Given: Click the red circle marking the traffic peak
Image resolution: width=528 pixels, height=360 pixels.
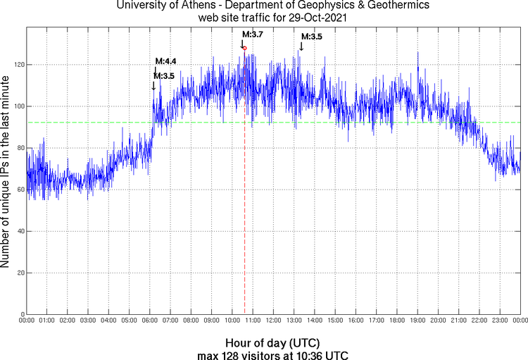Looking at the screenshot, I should pos(245,48).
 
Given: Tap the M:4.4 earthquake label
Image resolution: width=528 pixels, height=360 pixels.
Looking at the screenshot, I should pos(165,61).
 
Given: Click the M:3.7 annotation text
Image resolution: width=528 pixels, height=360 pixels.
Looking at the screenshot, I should pos(253,34).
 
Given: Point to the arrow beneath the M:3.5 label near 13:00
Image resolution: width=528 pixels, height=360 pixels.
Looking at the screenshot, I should pos(301,46).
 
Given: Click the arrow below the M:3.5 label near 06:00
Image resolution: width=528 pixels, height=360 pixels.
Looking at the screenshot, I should pos(154,85).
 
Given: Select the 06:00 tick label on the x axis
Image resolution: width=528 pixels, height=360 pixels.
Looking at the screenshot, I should pos(150,321).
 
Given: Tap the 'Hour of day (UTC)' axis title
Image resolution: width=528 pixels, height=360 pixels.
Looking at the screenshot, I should pos(272,342).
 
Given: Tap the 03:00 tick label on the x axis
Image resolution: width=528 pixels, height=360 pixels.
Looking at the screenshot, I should pos(88,321).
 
